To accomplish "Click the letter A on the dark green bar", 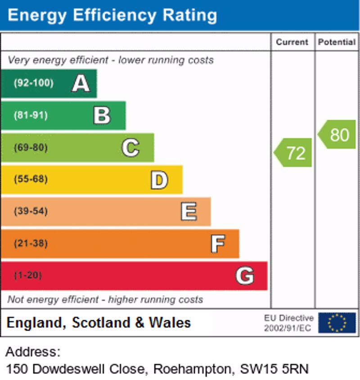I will tap(81, 83).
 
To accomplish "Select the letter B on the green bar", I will tap(102, 116).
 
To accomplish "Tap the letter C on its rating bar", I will tap(130, 148).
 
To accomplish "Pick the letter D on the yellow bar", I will tap(159, 180).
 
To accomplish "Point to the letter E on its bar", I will tap(189, 212).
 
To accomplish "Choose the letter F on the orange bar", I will tap(218, 244).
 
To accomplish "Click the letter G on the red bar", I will tap(244, 276).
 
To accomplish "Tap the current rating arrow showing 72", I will tap(293, 153).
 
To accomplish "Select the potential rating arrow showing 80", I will tap(337, 134).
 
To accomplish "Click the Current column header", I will tap(292, 42).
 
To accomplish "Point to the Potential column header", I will tap(337, 42).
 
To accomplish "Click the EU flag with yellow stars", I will tap(337, 323).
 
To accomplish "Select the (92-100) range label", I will tap(33, 83).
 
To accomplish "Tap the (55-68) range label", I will tap(31, 179).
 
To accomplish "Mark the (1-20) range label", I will tap(28, 275).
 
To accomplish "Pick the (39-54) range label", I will tap(31, 211).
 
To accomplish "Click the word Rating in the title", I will tap(189, 15).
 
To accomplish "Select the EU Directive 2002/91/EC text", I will tap(288, 323).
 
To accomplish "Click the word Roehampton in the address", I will tap(192, 369).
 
